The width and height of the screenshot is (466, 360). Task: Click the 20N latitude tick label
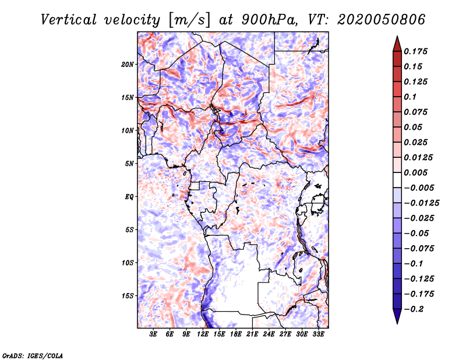[127, 64]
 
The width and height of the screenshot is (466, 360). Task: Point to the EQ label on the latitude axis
[129, 197]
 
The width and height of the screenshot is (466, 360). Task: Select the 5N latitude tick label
[129, 164]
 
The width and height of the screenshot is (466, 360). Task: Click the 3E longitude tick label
[153, 334]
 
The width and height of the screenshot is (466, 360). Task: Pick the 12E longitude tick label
[203, 334]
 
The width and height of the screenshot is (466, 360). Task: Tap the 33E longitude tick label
[318, 334]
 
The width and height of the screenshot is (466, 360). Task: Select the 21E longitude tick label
[252, 334]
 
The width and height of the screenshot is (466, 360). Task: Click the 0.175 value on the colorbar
[415, 51]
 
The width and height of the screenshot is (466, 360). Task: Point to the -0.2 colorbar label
[414, 309]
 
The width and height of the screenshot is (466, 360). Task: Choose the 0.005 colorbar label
[415, 172]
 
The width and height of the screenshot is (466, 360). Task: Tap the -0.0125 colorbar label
[421, 203]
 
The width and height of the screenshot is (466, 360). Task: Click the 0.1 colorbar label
[410, 97]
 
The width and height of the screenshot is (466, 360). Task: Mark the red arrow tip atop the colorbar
[397, 36]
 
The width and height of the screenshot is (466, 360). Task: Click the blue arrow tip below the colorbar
[397, 323]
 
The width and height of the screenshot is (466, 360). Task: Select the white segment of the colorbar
[397, 180]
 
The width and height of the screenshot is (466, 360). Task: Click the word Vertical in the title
[69, 20]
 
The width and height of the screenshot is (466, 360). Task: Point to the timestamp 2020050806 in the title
[382, 20]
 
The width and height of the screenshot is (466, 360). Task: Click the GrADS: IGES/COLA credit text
[33, 355]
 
